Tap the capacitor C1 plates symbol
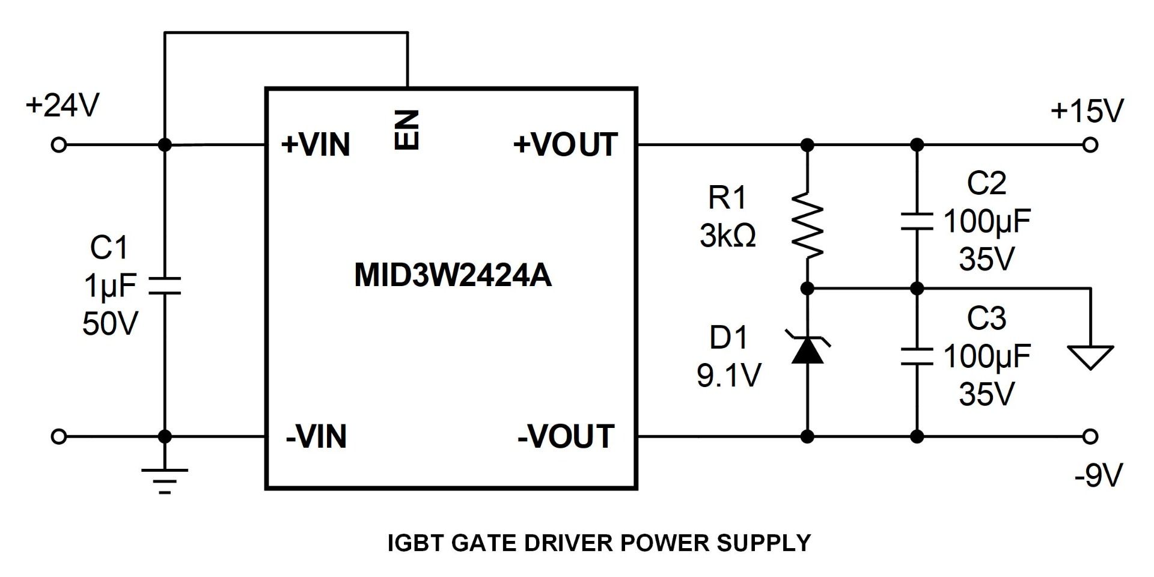pos(165,285)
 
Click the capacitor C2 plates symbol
pos(917,221)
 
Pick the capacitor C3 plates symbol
pos(917,356)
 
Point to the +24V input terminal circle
pos(58,145)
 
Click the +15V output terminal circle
pos(1090,145)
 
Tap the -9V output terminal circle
pos(1090,436)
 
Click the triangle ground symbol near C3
pos(1090,356)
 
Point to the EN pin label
pos(407,129)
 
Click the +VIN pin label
pos(316,145)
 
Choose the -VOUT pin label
pos(566,436)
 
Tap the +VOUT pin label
pos(565,145)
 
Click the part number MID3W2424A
pos(453,276)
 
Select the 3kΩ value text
pos(727,236)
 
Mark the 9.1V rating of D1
pos(728,376)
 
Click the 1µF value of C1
pos(110,285)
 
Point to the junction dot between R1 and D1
pos(807,289)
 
